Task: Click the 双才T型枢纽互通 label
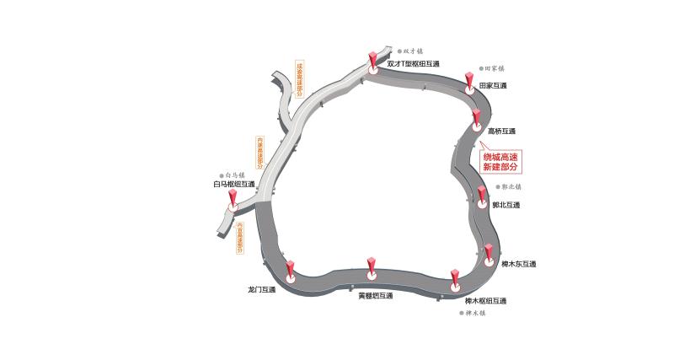point(413,64)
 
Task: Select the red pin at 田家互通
point(469,81)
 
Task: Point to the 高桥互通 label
point(501,132)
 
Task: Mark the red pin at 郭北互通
point(482,196)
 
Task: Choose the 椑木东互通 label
point(518,264)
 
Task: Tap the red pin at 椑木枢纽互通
point(455,278)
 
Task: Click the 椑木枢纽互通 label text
point(485,301)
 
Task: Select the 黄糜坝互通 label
point(375,296)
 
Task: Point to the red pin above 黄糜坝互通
point(372,266)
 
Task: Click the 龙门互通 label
point(261,289)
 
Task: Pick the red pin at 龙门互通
point(290,270)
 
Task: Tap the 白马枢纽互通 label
point(233,184)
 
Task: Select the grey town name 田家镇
point(493,68)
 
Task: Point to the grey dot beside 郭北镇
point(495,187)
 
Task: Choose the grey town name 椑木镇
point(476,313)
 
